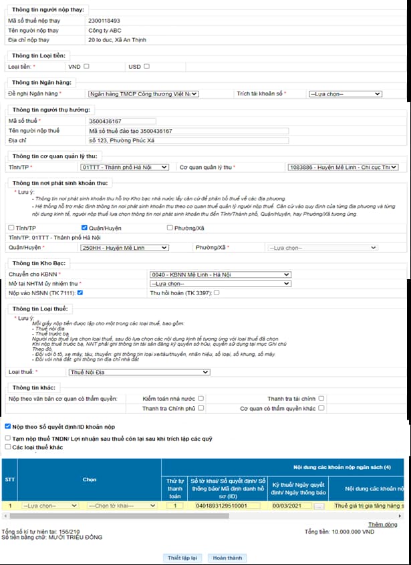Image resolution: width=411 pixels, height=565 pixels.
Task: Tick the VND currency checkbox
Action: tap(86, 67)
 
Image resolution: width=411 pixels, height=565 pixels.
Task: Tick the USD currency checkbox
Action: tap(146, 67)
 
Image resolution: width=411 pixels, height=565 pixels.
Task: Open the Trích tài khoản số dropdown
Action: tap(345, 94)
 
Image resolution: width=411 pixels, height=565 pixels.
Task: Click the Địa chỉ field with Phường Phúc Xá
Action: tap(188, 140)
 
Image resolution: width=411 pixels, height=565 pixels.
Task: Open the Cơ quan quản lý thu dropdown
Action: tap(341, 167)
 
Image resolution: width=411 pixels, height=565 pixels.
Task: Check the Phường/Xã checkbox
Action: tap(169, 228)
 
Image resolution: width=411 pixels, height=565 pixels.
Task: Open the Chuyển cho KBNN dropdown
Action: tap(220, 274)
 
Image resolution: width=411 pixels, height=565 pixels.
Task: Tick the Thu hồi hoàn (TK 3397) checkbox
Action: tap(217, 293)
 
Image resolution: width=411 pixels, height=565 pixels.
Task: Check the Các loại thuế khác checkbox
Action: tap(7, 447)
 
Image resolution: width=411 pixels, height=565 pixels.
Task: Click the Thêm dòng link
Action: tap(383, 525)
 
